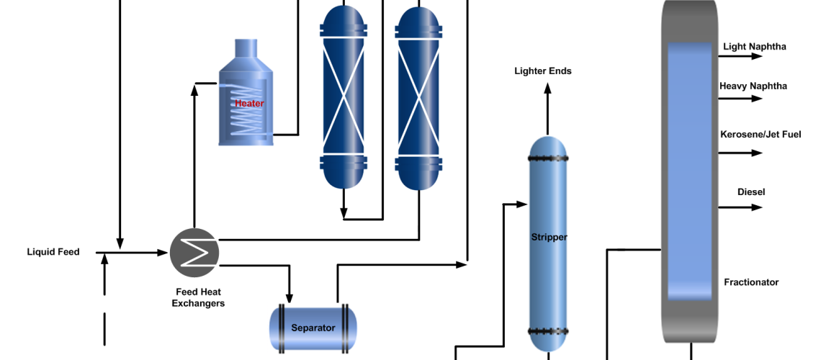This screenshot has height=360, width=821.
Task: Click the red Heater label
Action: [249, 104]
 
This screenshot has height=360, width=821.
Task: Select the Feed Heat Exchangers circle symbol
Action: [194, 252]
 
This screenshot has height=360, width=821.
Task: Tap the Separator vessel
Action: [313, 328]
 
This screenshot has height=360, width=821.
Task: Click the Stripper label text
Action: [549, 237]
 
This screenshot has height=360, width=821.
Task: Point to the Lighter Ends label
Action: [542, 71]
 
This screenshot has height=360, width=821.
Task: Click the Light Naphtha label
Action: [754, 47]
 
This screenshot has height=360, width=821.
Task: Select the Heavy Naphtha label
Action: [753, 86]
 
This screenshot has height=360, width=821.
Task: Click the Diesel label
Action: [750, 192]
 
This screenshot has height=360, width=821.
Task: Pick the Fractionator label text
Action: [751, 282]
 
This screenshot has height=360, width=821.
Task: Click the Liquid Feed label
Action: [53, 252]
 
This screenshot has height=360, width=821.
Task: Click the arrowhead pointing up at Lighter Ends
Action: [547, 89]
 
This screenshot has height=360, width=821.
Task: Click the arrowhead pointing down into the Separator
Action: [290, 297]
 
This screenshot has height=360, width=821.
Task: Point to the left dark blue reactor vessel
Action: [344, 97]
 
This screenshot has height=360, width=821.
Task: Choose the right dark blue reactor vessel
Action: [418, 97]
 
